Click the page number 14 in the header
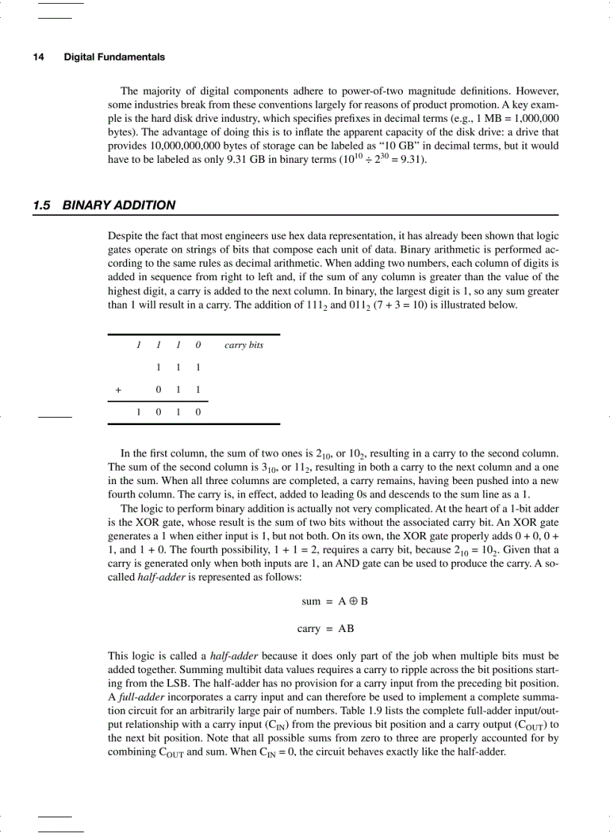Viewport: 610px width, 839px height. click(37, 57)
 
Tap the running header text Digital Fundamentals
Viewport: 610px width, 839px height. click(114, 57)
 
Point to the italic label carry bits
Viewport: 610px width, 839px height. click(244, 345)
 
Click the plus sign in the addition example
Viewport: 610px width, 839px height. click(117, 389)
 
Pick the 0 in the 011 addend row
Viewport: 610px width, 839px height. click(158, 389)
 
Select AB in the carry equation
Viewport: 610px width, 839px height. click(346, 628)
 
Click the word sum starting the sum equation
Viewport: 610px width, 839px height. click(311, 601)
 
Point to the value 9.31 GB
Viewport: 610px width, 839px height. click(244, 159)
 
